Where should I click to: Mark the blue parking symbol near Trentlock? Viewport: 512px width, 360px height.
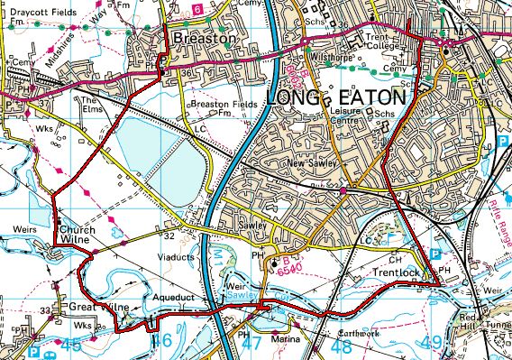pos(434,256)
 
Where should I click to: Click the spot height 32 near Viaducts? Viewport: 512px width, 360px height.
pos(169,235)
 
